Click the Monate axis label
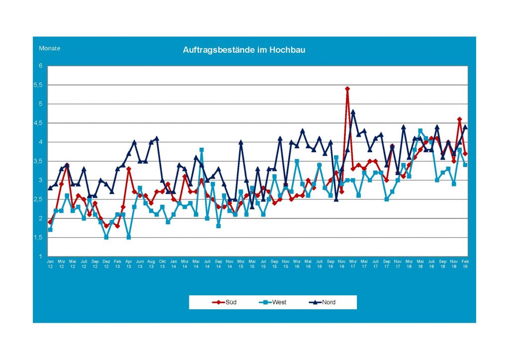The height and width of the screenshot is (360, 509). coord(50,48)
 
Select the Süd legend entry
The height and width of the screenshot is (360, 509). coord(224,302)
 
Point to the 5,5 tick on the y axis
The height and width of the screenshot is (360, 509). coord(41,85)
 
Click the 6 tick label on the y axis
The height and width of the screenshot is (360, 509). coord(42,66)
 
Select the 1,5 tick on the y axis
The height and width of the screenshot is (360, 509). coord(41,237)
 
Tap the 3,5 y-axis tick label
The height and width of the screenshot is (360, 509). coord(41,161)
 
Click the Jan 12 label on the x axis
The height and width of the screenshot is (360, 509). coord(50,263)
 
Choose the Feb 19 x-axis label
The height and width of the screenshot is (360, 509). coord(465,263)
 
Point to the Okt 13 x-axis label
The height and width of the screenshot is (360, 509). coord(163,263)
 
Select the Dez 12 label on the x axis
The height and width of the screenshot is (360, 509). coord(106,263)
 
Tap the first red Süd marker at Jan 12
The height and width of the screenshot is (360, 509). coord(50,222)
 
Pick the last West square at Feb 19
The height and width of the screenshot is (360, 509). coord(465,165)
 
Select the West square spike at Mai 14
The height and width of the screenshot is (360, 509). coord(202,150)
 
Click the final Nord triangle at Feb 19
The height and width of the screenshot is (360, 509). coord(465,127)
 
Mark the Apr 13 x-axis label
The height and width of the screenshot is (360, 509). coord(129,263)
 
